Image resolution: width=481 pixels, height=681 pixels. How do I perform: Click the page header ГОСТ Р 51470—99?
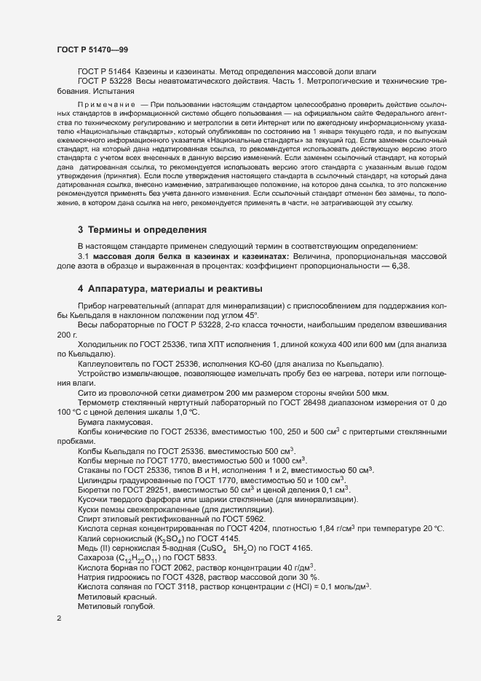(x=92, y=48)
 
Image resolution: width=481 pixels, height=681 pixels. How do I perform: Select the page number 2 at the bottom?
(x=59, y=619)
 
